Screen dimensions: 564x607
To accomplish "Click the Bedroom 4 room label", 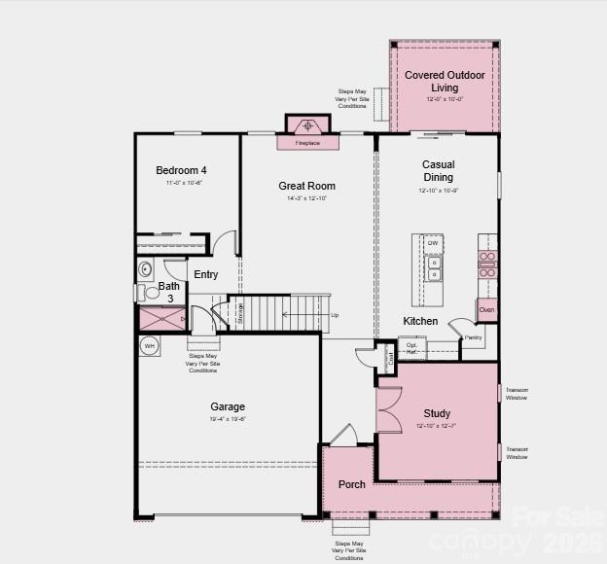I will (181, 171).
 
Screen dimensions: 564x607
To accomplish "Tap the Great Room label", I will (306, 186).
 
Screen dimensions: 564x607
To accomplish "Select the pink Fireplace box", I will (307, 143).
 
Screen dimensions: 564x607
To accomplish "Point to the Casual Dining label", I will (438, 170).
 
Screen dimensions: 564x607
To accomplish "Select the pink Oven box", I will (486, 310).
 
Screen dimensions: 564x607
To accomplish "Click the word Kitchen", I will (420, 321).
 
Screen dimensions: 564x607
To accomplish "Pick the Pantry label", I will (473, 337).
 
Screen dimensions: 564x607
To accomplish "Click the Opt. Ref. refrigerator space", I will (411, 348).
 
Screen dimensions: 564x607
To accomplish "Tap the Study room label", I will (437, 413).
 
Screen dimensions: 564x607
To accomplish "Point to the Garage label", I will (228, 406).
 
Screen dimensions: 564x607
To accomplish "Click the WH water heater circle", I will (150, 345).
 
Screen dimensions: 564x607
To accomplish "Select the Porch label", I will (351, 484).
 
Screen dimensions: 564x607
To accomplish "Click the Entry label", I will (206, 275).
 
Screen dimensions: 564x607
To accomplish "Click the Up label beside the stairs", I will (335, 315).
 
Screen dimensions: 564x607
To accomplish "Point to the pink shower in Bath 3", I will (156, 318).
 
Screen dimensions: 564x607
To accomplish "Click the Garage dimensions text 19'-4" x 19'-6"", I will (228, 419).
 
